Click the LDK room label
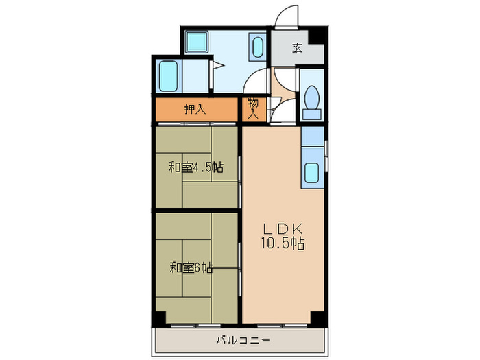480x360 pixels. pos(283,228)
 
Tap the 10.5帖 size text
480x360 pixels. pos(283,243)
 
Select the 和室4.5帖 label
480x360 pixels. pos(196,167)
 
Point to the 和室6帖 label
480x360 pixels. pos(191,268)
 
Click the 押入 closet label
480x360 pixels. pos(195,109)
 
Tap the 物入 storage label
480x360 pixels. pos(254,108)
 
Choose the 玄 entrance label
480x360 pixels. pos(297,49)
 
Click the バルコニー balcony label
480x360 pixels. pos(243,340)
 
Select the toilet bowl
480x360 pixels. pos(312,97)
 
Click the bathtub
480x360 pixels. pos(168,76)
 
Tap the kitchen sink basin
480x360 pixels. pos(312,173)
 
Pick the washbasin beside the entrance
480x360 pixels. pos(258,47)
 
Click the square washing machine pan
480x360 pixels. pos(197,42)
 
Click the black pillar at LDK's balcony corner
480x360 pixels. pos(318,318)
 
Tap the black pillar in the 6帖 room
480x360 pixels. pos(160,318)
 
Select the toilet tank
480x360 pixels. pos(312,115)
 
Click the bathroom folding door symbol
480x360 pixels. pos(217,65)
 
